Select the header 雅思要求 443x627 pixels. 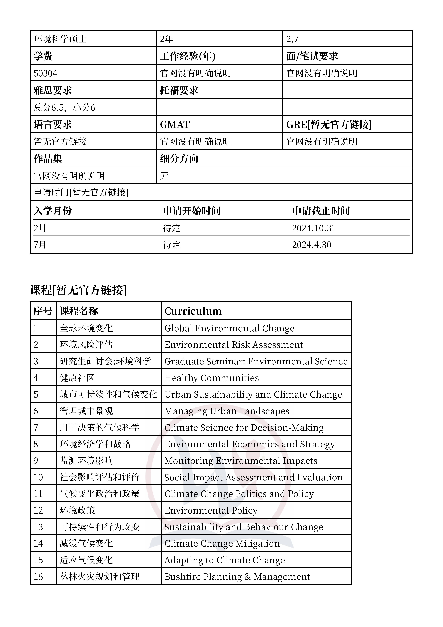pyautogui.click(x=53, y=90)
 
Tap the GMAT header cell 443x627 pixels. pyautogui.click(x=175, y=125)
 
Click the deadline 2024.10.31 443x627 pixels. pyautogui.click(x=314, y=228)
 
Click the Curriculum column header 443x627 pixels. pyautogui.click(x=193, y=311)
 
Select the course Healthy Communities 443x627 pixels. pyautogui.click(x=211, y=378)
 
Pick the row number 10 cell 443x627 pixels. pyautogui.click(x=38, y=477)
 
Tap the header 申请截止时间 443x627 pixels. pyautogui.click(x=321, y=211)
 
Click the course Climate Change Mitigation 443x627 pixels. pyautogui.click(x=222, y=543)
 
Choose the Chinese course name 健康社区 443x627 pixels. pyautogui.click(x=77, y=378)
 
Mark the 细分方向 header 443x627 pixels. pyautogui.click(x=179, y=159)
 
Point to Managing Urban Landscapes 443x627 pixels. pyautogui.click(x=227, y=411)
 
